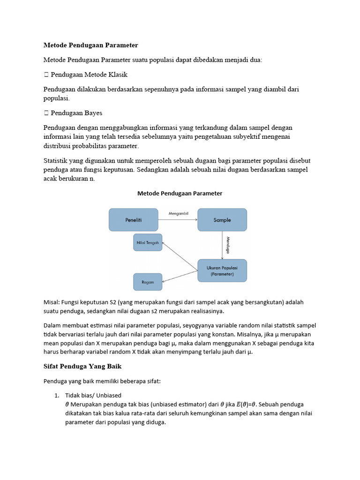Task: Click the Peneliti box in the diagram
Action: [134, 220]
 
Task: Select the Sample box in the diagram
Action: [222, 220]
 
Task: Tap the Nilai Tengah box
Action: [148, 242]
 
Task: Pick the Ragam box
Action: [148, 282]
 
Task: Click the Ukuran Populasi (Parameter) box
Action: [222, 270]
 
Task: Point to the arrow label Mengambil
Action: [178, 213]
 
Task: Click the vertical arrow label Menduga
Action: [228, 245]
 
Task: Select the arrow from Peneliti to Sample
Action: [178, 219]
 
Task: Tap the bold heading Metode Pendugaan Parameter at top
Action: [90, 45]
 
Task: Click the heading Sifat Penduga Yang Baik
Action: [82, 366]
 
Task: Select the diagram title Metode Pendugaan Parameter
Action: [180, 193]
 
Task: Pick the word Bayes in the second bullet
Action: [93, 113]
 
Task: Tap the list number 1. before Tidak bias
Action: [58, 395]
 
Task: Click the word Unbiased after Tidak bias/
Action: [109, 395]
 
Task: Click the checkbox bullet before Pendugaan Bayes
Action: [46, 113]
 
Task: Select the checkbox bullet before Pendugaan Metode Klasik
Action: [46, 75]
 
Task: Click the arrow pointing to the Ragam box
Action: [180, 276]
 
